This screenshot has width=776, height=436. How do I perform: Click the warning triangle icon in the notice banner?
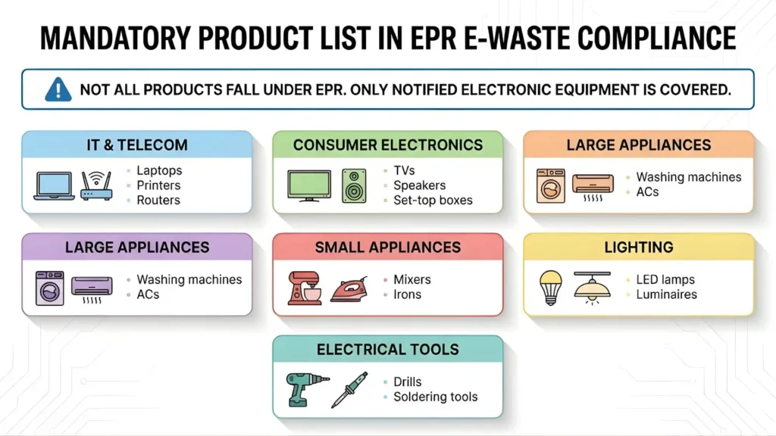[x=58, y=89]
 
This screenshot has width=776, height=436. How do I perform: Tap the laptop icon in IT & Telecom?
[x=54, y=186]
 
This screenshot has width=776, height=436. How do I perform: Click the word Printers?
[x=158, y=185]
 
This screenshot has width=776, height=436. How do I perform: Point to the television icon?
[x=309, y=185]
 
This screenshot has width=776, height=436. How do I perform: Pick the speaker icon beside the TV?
[x=354, y=185]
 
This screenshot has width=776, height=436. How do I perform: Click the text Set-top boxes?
[x=433, y=201]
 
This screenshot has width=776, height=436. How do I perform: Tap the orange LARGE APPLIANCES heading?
[x=639, y=145]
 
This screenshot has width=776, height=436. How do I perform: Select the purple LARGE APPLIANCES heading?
[x=137, y=247]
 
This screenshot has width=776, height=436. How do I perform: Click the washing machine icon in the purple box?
[x=50, y=288]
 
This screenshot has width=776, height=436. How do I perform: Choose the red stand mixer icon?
[x=304, y=288]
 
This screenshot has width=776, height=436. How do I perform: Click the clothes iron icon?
[x=349, y=290]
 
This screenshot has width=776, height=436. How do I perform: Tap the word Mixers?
[x=412, y=280]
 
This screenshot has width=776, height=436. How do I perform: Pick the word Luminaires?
[x=666, y=294]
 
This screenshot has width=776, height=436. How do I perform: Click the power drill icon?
[x=305, y=389]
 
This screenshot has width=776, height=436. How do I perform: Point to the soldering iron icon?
[x=349, y=389]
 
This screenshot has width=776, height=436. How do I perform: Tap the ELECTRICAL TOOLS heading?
[x=387, y=350]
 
